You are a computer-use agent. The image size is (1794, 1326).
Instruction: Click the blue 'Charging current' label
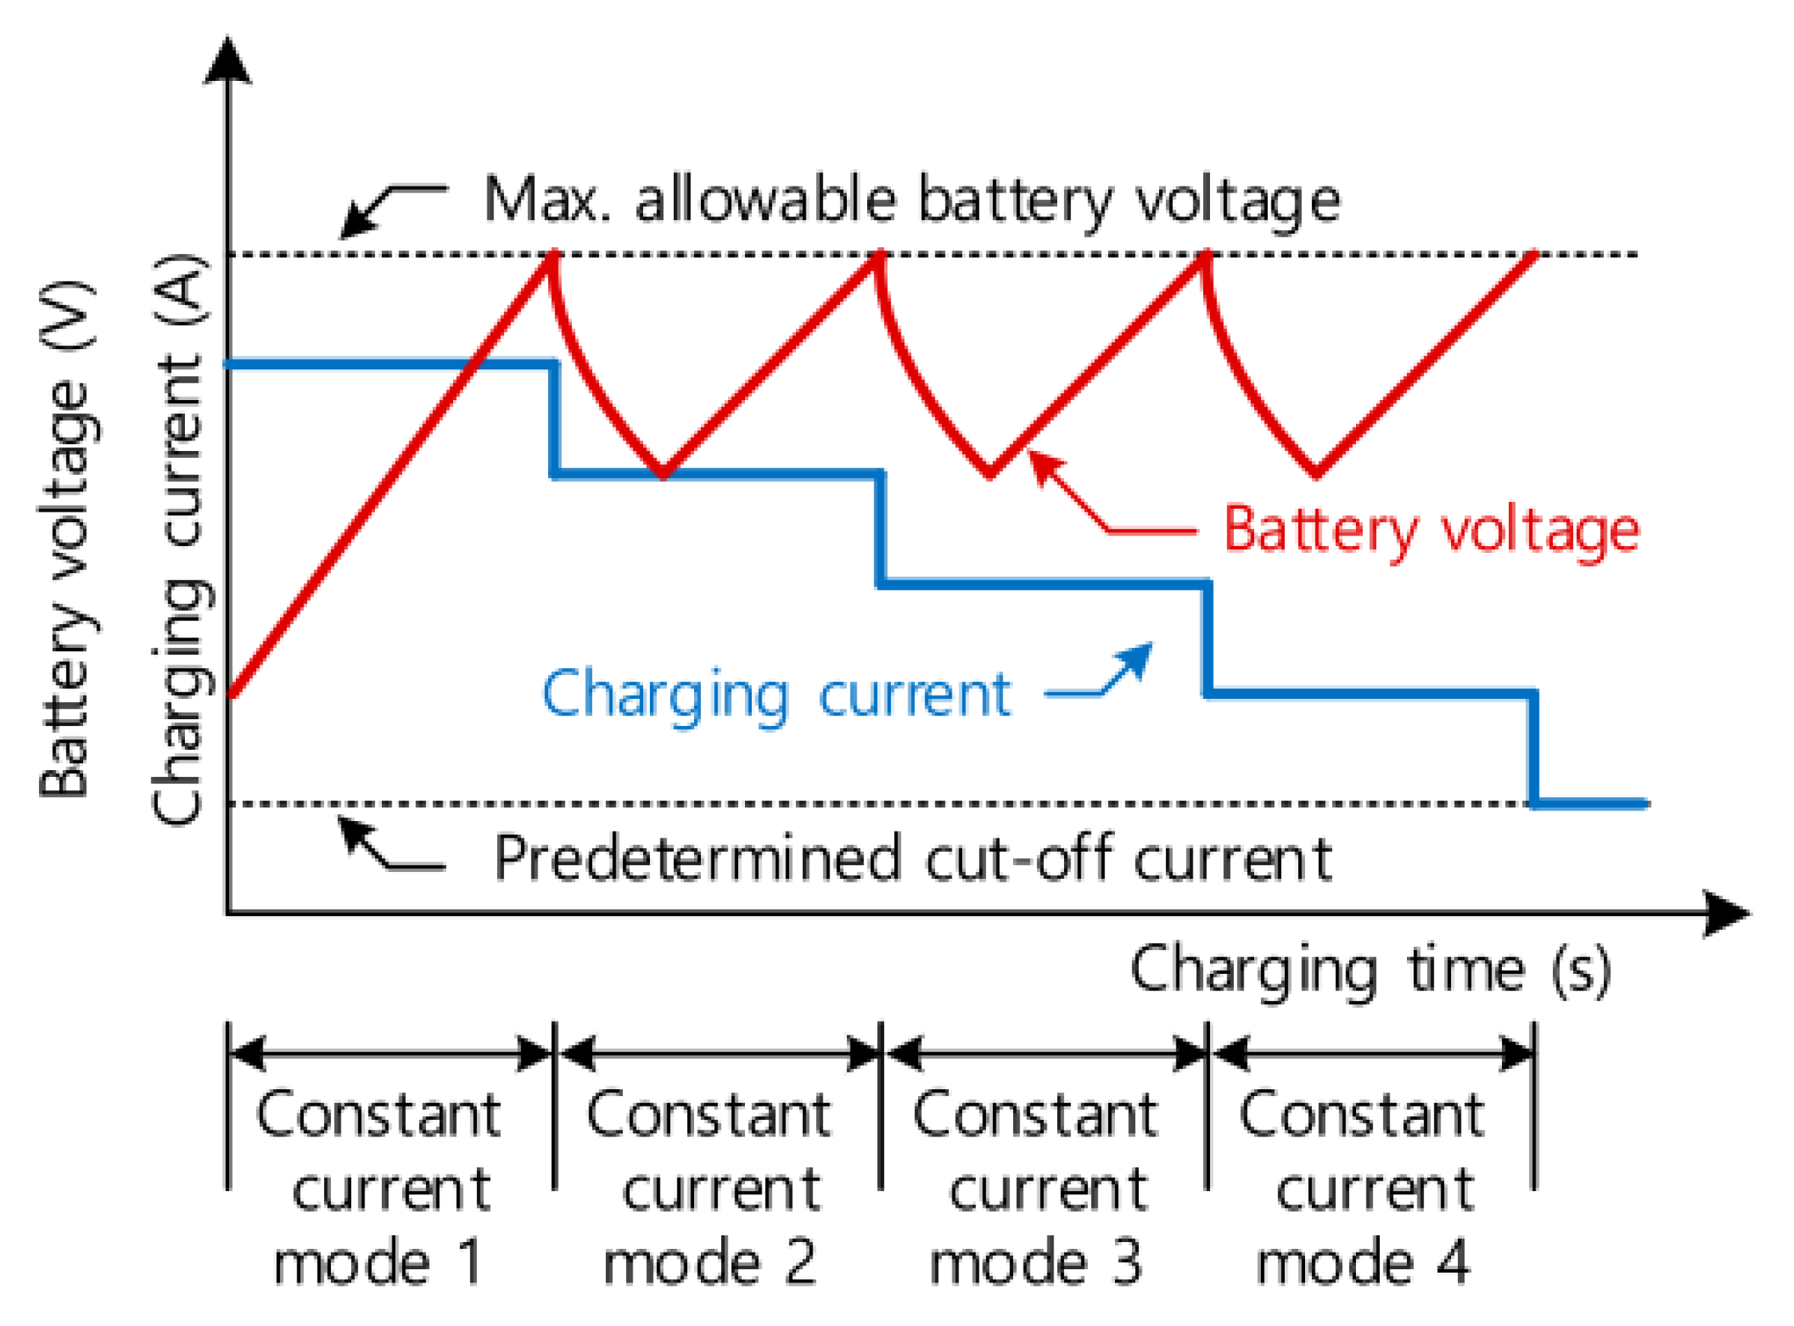click(776, 696)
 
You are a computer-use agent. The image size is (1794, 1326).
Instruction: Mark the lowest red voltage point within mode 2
click(664, 474)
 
